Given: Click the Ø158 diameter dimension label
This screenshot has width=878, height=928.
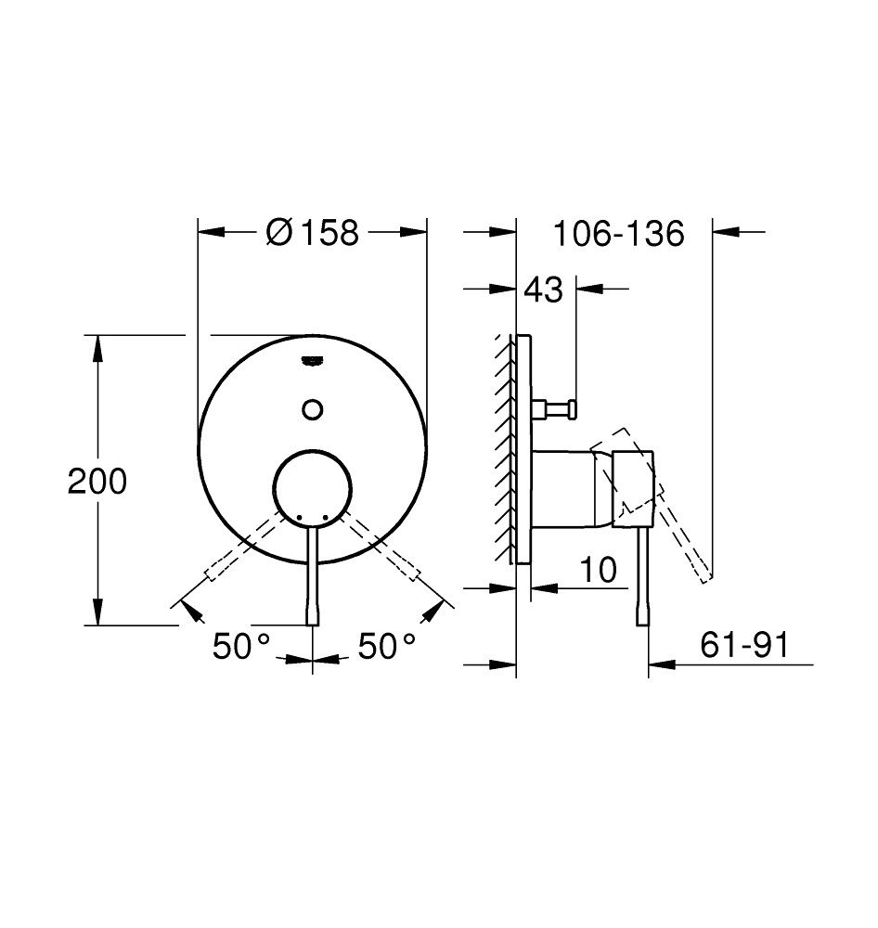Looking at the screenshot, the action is click(x=313, y=232).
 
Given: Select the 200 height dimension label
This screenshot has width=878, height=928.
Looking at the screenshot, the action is click(x=97, y=481).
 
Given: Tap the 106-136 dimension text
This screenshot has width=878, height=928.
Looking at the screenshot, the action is click(x=619, y=233).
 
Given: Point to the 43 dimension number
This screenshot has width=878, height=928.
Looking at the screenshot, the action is click(x=544, y=290).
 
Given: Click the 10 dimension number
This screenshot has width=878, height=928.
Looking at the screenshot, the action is click(x=599, y=570).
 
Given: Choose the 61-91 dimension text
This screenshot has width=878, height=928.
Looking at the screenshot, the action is click(x=744, y=645).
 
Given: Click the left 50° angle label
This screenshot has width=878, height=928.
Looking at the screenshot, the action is click(x=241, y=645).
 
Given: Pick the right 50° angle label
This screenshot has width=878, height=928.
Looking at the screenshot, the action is click(x=387, y=645).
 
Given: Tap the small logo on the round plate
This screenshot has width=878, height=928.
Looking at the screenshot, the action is click(x=313, y=360).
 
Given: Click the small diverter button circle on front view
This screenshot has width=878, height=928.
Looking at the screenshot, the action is click(x=312, y=409).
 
